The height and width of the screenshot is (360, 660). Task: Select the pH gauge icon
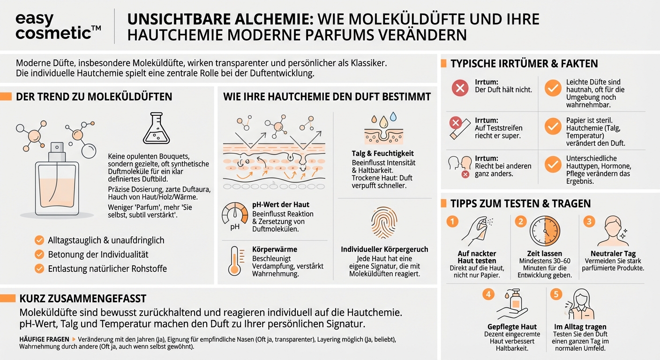tap(234, 215)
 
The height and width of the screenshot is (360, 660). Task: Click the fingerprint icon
tap(384, 223)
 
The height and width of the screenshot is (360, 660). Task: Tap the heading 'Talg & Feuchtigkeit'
tap(382, 153)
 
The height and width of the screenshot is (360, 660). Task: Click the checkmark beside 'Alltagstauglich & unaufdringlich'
tap(39, 240)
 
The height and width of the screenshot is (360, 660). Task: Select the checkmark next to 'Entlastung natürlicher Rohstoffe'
tap(39, 269)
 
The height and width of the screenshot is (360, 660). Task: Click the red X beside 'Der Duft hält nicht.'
tap(459, 88)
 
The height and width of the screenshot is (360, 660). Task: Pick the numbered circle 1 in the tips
tap(452, 221)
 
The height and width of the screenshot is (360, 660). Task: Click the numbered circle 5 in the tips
tap(555, 294)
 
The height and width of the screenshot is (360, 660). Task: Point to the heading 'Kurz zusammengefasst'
tap(83, 299)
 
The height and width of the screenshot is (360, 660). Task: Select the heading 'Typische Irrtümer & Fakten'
tap(524, 64)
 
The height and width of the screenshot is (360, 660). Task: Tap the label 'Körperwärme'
tap(274, 249)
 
